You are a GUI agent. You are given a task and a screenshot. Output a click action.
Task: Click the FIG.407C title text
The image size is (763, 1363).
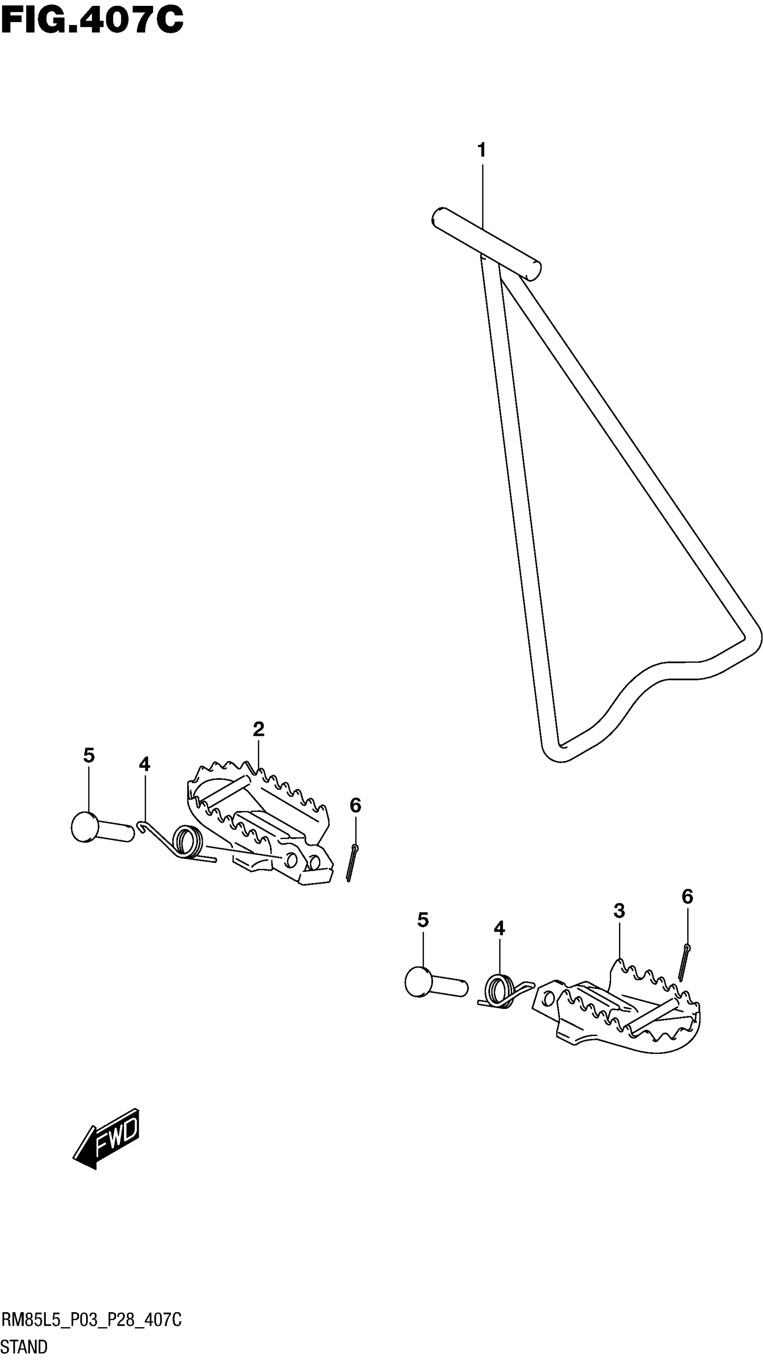[92, 21]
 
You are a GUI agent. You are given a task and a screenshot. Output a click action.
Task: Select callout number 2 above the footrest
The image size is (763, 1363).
[258, 729]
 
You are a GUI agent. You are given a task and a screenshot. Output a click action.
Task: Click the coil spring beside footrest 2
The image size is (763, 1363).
[187, 841]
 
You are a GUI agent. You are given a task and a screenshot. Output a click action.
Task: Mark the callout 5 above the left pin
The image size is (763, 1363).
[89, 756]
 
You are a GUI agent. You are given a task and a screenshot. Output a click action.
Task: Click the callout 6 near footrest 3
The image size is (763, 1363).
[687, 896]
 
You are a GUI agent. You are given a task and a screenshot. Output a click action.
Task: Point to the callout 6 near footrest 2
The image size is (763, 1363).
[355, 805]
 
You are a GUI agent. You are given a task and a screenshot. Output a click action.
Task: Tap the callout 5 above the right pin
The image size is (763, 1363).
[422, 920]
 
